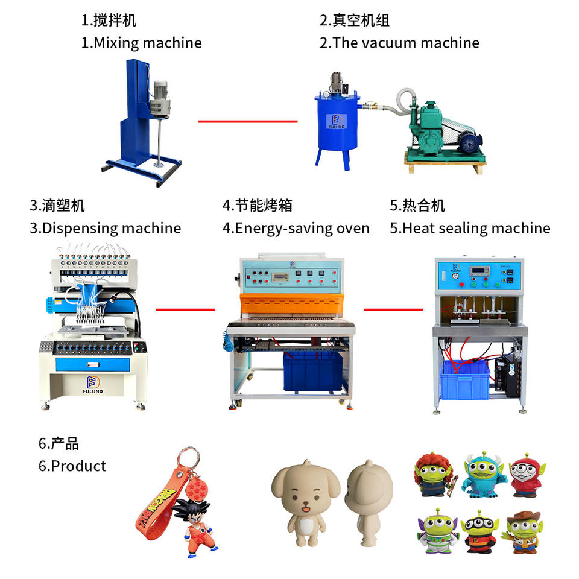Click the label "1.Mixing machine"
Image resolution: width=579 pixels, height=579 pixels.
click(x=141, y=43)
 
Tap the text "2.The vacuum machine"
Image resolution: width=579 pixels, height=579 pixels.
click(x=399, y=43)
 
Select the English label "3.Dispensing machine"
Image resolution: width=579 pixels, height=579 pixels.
click(x=105, y=229)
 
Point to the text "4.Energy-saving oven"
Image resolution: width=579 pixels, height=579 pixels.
click(x=296, y=229)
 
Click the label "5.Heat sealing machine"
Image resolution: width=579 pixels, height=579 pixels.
click(x=470, y=229)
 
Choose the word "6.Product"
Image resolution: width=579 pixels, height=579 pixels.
click(x=72, y=466)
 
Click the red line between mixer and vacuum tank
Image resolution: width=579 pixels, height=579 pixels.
click(x=247, y=121)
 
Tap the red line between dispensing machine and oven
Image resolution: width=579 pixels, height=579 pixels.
click(x=185, y=309)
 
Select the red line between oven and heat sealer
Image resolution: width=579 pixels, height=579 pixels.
click(x=394, y=309)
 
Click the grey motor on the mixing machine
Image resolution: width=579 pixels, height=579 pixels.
click(x=160, y=100)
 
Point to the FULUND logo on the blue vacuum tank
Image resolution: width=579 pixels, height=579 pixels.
click(x=337, y=121)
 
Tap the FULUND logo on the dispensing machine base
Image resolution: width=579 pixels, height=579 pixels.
click(x=93, y=385)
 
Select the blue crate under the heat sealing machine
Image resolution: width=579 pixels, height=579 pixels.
click(x=464, y=380)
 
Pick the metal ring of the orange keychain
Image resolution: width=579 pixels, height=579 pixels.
click(x=189, y=458)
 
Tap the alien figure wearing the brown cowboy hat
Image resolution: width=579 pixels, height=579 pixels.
click(x=522, y=532)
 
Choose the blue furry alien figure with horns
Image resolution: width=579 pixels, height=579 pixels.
click(x=483, y=475)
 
